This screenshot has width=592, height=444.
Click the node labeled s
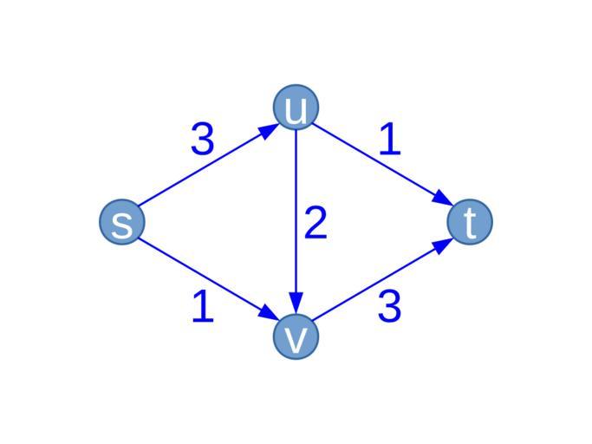(122, 222)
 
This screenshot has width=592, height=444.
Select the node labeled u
(296, 108)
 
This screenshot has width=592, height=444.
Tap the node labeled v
(296, 336)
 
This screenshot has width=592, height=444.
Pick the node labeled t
(470, 222)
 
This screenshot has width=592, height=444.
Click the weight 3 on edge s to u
(203, 139)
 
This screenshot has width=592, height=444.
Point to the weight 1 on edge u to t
(390, 139)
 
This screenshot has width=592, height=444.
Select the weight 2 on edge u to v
(316, 223)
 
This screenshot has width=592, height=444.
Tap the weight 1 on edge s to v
(203, 306)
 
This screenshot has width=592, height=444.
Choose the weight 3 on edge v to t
(390, 306)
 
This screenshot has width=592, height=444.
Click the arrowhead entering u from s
(269, 131)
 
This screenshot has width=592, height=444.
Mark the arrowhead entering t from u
(443, 199)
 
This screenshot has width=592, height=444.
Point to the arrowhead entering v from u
(296, 303)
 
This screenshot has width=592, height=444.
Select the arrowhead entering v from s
(269, 312)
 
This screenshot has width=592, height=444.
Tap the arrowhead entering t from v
(443, 245)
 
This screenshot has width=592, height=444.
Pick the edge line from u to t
(383, 165)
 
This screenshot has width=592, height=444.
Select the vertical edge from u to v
(296, 222)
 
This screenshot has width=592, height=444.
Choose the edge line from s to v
(208, 279)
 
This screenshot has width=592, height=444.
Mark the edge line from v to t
(383, 279)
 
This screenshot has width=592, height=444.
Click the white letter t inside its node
(470, 223)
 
